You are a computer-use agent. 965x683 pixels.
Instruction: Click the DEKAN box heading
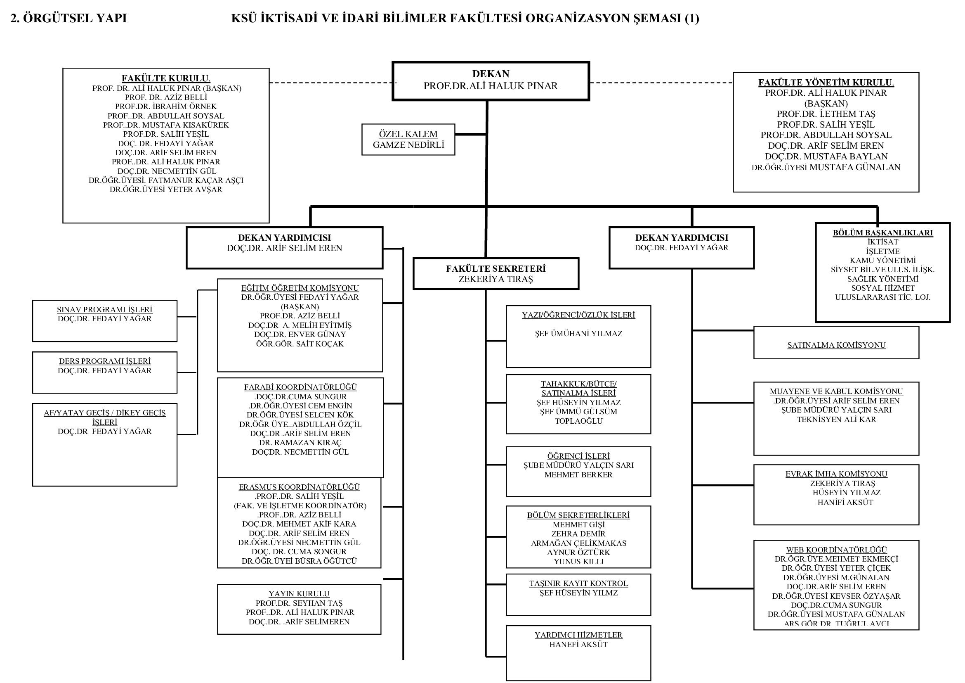point(491,74)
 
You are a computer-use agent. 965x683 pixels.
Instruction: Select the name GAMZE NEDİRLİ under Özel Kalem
point(408,145)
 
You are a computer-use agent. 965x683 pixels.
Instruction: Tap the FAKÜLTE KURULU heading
point(166,78)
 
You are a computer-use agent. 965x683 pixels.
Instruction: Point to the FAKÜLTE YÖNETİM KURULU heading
point(826,83)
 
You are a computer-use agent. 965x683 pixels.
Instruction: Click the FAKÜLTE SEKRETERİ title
point(495,269)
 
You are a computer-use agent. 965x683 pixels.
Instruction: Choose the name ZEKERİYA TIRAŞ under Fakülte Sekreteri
point(495,279)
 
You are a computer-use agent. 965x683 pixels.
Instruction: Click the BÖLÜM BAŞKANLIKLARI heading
point(882,233)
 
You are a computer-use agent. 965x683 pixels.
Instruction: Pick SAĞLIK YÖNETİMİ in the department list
point(882,279)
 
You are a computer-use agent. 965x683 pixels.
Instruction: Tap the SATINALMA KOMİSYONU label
point(836,345)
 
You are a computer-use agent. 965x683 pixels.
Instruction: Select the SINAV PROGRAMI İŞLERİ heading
point(105,310)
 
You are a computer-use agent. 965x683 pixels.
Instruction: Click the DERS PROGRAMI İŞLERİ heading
point(105,361)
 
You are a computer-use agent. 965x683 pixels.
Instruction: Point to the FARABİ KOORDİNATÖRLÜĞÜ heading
point(300,387)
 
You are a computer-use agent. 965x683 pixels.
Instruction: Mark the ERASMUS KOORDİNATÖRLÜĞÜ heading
point(299,487)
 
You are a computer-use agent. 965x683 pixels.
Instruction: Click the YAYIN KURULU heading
point(299,594)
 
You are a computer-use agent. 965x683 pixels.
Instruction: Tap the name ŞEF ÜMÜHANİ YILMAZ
point(578,334)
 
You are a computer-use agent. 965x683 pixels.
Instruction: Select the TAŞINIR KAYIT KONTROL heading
point(578,584)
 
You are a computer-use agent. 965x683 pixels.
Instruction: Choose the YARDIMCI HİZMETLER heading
point(578,635)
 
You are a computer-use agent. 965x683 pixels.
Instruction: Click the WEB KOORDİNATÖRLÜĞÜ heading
point(836,550)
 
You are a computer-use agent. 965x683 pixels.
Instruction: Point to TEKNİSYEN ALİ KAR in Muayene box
point(836,419)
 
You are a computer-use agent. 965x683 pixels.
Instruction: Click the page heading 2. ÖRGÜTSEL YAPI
point(68,19)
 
